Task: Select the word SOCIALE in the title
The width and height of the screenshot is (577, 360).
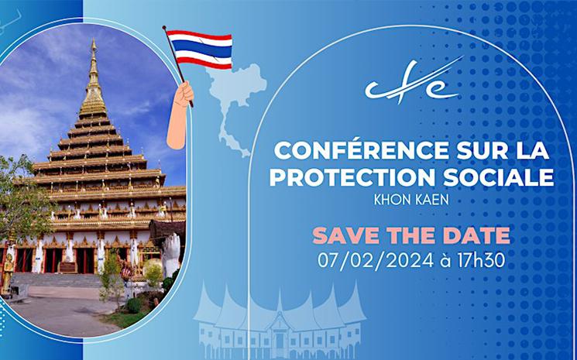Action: [504, 177]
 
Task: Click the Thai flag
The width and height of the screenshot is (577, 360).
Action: [199, 49]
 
